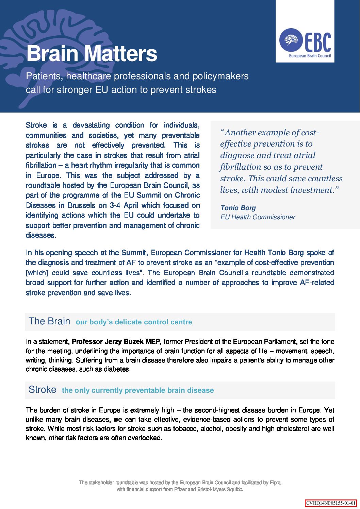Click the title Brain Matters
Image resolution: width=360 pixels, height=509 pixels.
coord(92,53)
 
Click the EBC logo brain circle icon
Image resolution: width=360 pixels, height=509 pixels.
coord(291,40)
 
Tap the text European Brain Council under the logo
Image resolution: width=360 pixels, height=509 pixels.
coord(310,56)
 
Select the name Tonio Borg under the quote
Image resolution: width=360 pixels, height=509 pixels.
coord(238,208)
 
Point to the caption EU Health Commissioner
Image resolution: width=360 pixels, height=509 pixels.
coord(258,217)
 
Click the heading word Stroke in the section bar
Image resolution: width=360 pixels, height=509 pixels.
coord(43,390)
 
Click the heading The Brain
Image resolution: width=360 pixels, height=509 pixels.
coord(49,321)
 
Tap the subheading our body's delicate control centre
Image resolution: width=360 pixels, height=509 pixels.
coord(134,322)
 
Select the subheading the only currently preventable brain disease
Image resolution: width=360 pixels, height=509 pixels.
coord(138,390)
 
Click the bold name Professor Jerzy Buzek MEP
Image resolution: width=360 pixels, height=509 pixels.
coord(116,341)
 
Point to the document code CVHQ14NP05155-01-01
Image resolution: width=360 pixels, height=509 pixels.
coord(331,503)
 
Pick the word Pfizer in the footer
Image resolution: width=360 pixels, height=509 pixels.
coord(180,490)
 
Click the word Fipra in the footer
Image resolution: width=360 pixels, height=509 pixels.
coord(275,482)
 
